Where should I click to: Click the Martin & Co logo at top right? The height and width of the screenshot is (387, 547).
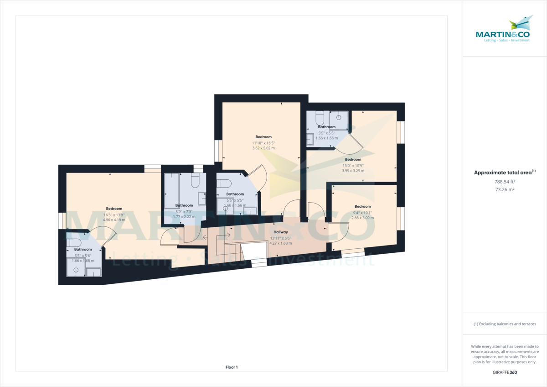click(x=503, y=29)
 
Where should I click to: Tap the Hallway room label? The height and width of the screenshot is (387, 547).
click(x=280, y=232)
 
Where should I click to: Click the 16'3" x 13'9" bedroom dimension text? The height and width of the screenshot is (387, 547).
click(x=114, y=214)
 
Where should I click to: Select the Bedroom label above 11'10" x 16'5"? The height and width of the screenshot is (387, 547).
click(x=263, y=137)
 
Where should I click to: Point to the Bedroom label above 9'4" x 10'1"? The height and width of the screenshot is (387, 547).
click(x=362, y=206)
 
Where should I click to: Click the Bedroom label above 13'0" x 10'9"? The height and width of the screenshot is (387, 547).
click(x=353, y=159)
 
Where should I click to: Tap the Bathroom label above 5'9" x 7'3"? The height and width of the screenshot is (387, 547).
click(x=184, y=205)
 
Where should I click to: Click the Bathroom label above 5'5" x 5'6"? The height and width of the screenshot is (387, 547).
click(x=83, y=250)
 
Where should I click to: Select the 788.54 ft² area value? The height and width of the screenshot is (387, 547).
click(x=505, y=182)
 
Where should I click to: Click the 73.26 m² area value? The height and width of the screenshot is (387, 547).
click(x=505, y=189)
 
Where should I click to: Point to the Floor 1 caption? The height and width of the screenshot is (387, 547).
click(x=232, y=367)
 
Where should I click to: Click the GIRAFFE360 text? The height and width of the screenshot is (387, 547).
click(x=505, y=372)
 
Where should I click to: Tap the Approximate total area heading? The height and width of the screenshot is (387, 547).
click(x=505, y=173)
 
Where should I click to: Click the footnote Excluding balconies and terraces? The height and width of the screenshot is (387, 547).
click(x=505, y=324)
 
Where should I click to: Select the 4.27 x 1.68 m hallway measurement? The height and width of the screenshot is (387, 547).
click(x=280, y=243)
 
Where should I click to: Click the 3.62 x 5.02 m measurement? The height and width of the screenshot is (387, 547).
click(x=263, y=148)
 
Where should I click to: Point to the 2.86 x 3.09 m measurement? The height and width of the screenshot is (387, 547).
click(x=362, y=218)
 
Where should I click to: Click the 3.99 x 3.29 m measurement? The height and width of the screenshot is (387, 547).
click(x=353, y=171)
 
